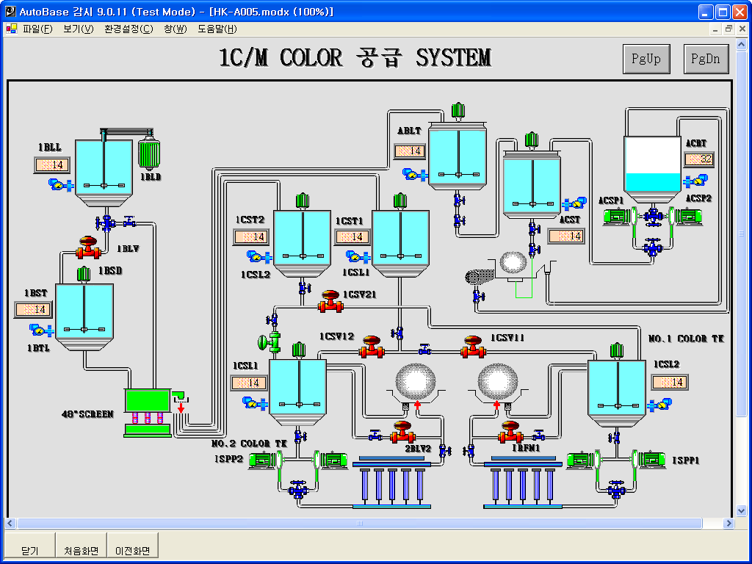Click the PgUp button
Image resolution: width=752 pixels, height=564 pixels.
(646, 59)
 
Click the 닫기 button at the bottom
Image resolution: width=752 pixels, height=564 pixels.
(30, 550)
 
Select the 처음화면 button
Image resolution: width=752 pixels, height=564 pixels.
(81, 550)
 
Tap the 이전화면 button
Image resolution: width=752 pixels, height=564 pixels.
(132, 550)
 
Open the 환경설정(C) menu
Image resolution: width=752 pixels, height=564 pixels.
(129, 29)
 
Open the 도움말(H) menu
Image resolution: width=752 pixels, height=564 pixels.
(217, 29)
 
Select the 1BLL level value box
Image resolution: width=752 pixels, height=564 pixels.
(51, 164)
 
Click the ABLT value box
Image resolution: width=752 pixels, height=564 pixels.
(409, 151)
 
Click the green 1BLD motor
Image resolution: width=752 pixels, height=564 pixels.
(150, 154)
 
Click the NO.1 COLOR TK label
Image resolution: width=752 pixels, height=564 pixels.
(687, 339)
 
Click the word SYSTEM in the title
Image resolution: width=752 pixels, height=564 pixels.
(453, 57)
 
